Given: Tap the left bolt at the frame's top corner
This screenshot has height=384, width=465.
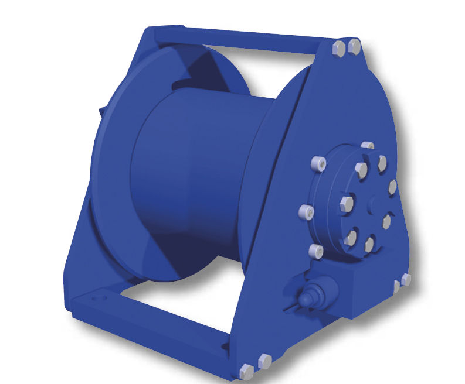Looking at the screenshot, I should pyautogui.click(x=339, y=48).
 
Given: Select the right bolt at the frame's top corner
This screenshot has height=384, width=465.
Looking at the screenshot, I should pyautogui.click(x=354, y=46).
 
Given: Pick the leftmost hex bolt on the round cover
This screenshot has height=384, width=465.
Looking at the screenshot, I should pyautogui.click(x=345, y=204).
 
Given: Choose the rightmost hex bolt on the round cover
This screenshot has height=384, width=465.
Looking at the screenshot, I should pyautogui.click(x=392, y=187).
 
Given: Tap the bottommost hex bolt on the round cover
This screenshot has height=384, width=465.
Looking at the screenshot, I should pyautogui.click(x=369, y=244).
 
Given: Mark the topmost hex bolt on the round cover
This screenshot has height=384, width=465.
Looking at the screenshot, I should pyautogui.click(x=382, y=162).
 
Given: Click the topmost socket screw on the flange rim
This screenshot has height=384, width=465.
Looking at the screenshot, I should pyautogui.click(x=367, y=146).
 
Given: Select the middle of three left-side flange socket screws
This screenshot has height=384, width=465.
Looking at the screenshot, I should pyautogui.click(x=304, y=210).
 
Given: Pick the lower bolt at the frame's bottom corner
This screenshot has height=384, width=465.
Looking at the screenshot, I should pyautogui.click(x=247, y=371).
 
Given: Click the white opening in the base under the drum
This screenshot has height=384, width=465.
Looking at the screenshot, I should pyautogui.click(x=176, y=304).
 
